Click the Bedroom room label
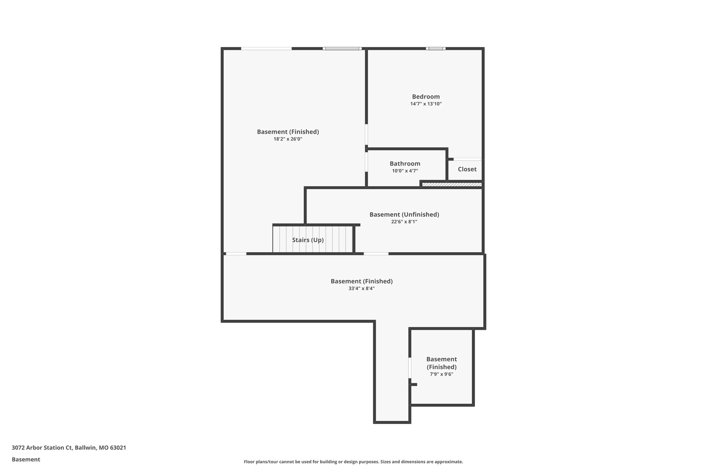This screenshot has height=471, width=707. click(x=426, y=97)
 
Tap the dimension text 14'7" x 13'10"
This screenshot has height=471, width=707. click(x=426, y=104)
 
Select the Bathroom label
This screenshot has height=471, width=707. click(x=405, y=164)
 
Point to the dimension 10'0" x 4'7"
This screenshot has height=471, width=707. click(x=405, y=171)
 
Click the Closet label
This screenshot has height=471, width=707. click(x=467, y=169)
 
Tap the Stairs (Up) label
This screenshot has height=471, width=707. click(x=308, y=240)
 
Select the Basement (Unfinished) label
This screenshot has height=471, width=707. click(x=404, y=214)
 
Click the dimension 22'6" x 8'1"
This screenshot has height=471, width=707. click(x=404, y=222)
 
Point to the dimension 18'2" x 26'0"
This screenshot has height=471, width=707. click(x=288, y=139)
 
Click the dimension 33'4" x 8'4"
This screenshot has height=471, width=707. click(x=361, y=288)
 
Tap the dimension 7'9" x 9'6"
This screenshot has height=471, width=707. click(x=441, y=374)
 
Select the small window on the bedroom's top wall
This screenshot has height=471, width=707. click(x=435, y=49)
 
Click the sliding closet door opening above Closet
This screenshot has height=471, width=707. click(x=467, y=159)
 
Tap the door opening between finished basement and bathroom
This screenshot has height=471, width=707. click(x=366, y=162)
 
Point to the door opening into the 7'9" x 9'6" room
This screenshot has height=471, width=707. click(x=410, y=368)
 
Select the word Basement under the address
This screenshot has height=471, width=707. click(x=26, y=459)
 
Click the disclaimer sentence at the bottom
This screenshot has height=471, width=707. click(x=353, y=462)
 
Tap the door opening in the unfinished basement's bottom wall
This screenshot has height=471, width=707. click(x=376, y=254)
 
